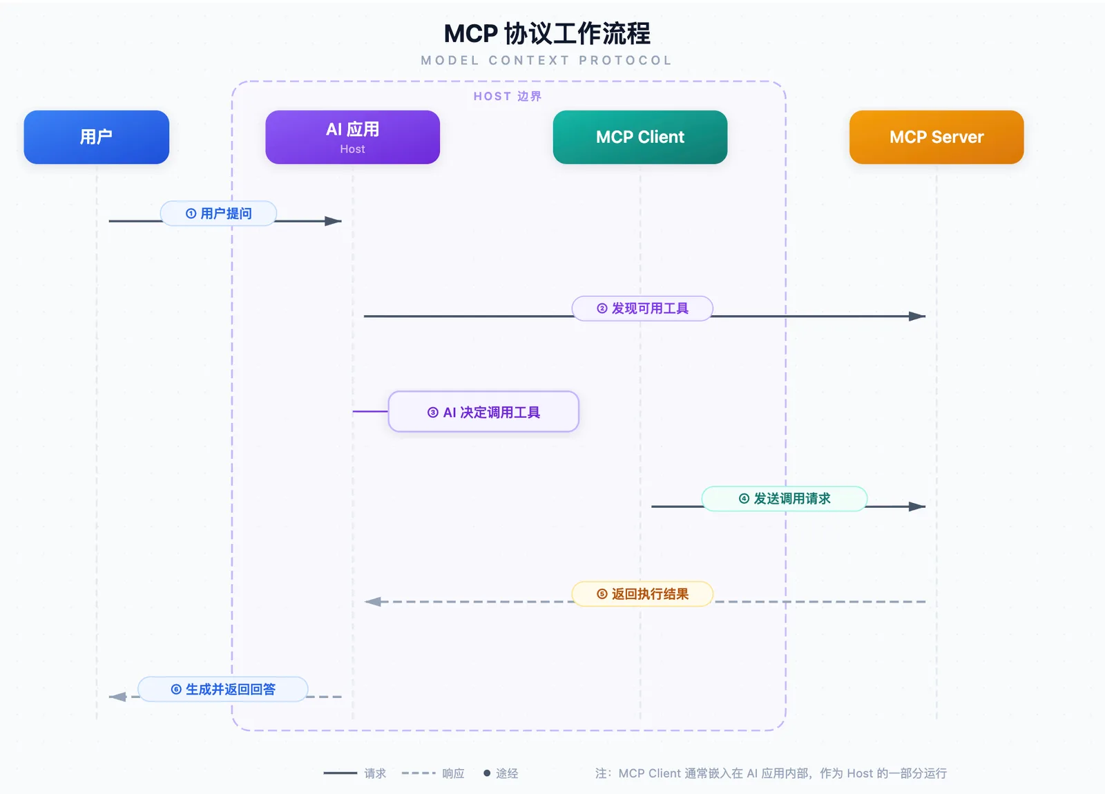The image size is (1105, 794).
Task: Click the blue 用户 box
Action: pyautogui.click(x=96, y=137)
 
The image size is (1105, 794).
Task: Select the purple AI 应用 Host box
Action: pyautogui.click(x=352, y=137)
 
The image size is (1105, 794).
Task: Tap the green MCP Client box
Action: pyautogui.click(x=640, y=137)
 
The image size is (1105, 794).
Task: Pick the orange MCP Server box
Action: pyautogui.click(x=936, y=137)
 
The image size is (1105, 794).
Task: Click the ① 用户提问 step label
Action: pyautogui.click(x=218, y=213)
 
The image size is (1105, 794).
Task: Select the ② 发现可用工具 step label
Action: pyautogui.click(x=642, y=308)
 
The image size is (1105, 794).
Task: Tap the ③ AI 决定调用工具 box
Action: pyautogui.click(x=483, y=412)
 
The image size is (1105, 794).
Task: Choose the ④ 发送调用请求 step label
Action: pyautogui.click(x=785, y=498)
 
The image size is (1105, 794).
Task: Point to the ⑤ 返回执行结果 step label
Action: pyautogui.click(x=642, y=594)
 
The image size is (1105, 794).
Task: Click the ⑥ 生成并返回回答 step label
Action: pyautogui.click(x=223, y=689)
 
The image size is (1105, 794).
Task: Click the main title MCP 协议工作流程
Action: pyautogui.click(x=547, y=34)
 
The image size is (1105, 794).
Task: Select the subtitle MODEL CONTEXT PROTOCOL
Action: pyautogui.click(x=546, y=60)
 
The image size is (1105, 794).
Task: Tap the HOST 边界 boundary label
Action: pyautogui.click(x=508, y=96)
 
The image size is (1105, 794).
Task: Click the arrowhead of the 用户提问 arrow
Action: pyautogui.click(x=334, y=221)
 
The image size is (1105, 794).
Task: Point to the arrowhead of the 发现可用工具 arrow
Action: pyautogui.click(x=917, y=316)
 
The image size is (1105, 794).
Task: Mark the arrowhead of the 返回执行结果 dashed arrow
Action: pyautogui.click(x=372, y=601)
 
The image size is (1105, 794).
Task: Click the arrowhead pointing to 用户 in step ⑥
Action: pyautogui.click(x=117, y=697)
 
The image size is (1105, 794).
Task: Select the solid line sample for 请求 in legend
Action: pyautogui.click(x=340, y=773)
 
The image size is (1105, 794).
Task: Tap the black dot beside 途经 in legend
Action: pyautogui.click(x=487, y=773)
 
